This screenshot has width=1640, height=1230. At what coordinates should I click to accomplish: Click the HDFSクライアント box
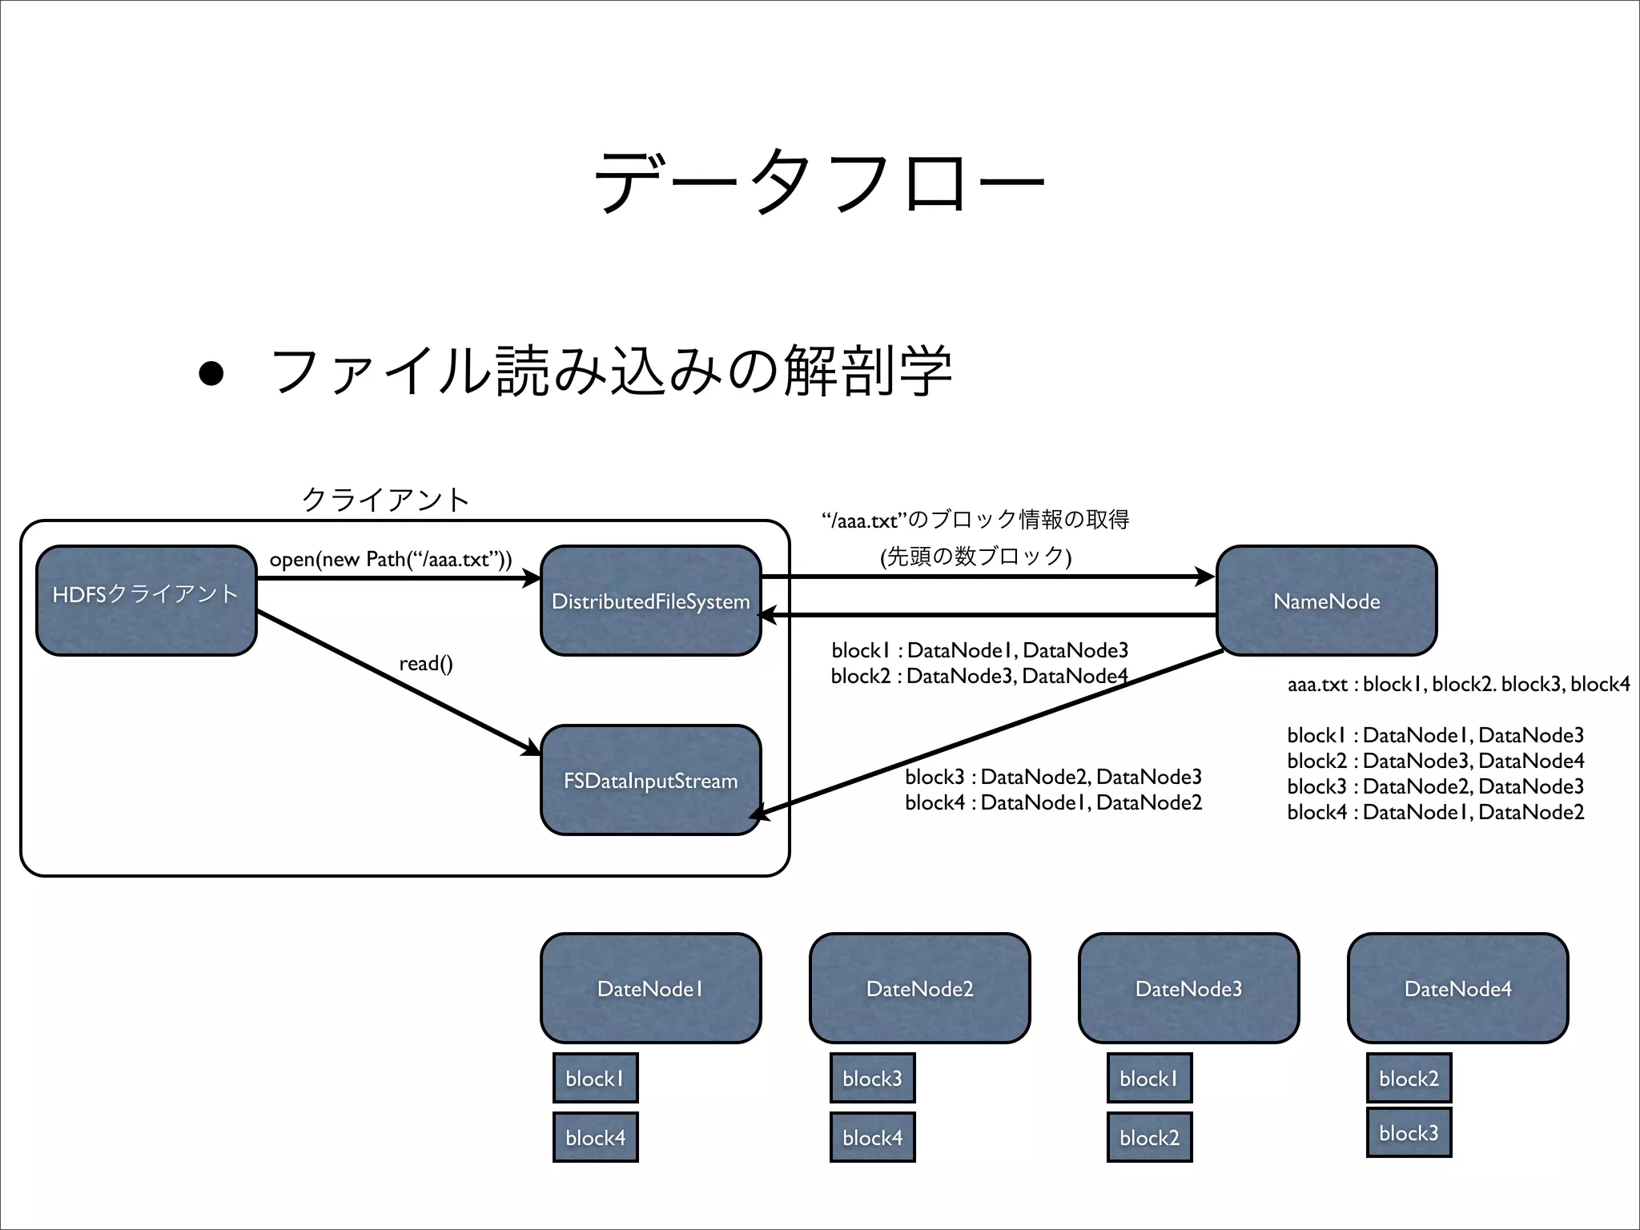(146, 601)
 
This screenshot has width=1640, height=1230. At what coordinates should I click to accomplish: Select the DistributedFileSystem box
(650, 601)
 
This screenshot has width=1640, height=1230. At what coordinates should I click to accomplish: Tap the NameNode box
(1326, 601)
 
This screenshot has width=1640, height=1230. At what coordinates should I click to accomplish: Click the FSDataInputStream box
(650, 780)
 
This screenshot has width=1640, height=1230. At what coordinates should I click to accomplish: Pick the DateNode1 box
(650, 988)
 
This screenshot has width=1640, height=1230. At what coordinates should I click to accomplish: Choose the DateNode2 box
(919, 988)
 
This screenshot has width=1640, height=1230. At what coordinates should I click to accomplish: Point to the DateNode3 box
(1188, 988)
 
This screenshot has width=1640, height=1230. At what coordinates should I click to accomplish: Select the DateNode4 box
(1457, 988)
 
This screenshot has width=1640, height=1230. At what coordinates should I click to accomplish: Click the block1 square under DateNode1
(595, 1078)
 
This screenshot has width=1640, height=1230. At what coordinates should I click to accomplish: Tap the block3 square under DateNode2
(872, 1078)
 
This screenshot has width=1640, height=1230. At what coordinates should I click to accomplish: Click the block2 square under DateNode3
(1149, 1137)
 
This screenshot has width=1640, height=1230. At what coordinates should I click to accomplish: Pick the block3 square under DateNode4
(1409, 1132)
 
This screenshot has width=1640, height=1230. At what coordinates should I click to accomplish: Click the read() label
(426, 663)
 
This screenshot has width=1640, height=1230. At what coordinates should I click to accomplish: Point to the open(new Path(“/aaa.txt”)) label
(390, 559)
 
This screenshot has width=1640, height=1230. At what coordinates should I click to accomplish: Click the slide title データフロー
(818, 182)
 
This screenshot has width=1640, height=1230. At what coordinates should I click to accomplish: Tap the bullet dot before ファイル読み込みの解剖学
(211, 373)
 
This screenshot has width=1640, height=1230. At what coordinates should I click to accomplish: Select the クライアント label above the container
(385, 500)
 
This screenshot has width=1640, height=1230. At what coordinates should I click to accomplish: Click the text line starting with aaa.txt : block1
(1457, 684)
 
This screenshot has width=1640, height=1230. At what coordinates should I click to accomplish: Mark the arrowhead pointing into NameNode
(1206, 577)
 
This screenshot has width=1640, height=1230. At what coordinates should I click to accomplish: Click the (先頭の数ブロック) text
(975, 556)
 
